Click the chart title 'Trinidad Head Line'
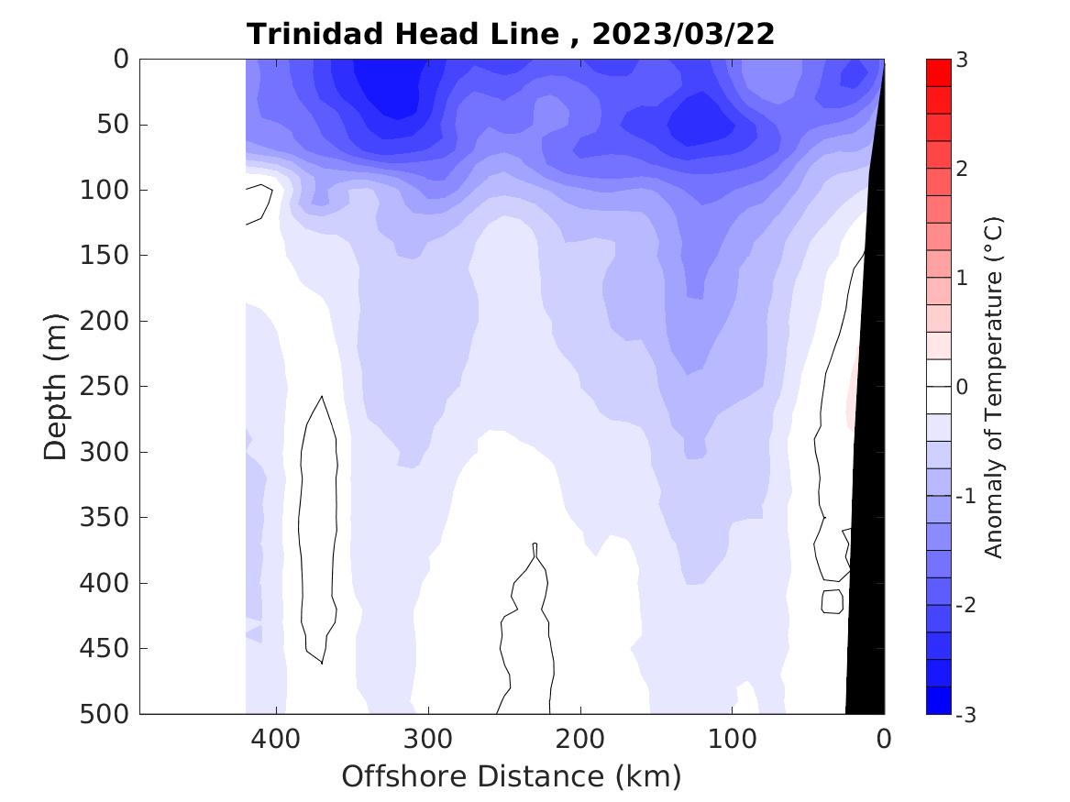point(403,34)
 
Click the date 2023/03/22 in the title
point(683,34)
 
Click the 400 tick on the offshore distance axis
point(276,738)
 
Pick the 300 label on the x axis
point(428,738)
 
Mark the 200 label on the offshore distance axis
point(580,738)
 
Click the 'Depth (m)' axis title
point(56,386)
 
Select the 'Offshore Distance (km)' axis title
point(512,776)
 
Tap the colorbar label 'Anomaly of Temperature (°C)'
point(994,387)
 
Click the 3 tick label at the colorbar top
point(962,60)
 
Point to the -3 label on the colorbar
point(965,714)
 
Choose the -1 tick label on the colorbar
point(965,496)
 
